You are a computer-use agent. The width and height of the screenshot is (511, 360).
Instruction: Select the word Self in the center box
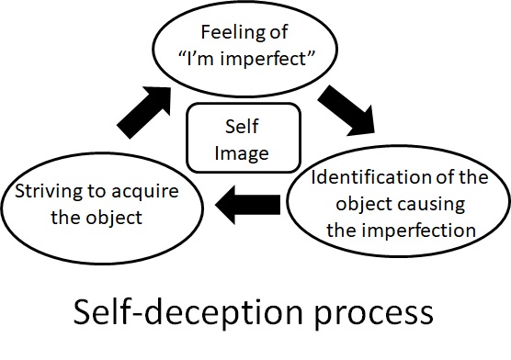click(243, 128)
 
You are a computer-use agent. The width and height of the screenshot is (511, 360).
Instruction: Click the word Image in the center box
click(243, 152)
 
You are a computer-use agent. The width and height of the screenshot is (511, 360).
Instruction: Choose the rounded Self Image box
click(243, 139)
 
